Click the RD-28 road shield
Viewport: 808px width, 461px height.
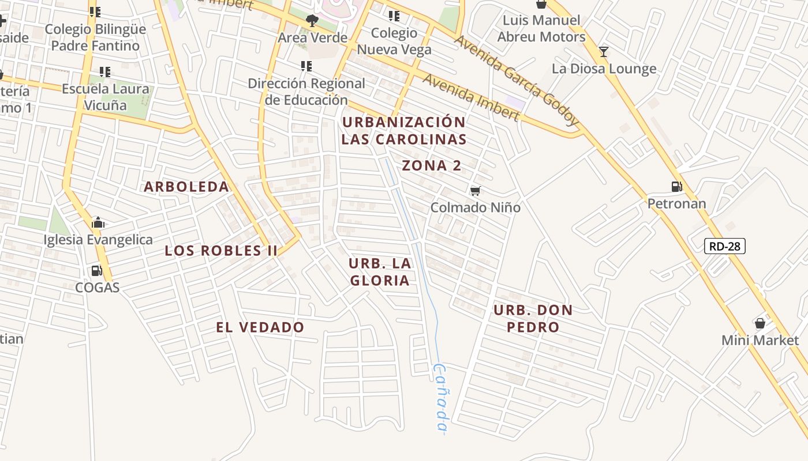pyautogui.click(x=725, y=246)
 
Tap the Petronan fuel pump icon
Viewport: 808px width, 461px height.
pyautogui.click(x=676, y=187)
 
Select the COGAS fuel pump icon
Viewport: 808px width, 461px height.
pyautogui.click(x=96, y=270)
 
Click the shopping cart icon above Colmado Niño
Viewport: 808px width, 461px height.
pyautogui.click(x=475, y=191)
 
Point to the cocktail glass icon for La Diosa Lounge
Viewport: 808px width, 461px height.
pyautogui.click(x=603, y=52)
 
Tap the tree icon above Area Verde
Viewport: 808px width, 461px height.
pyautogui.click(x=312, y=21)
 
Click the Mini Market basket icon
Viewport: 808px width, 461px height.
pyautogui.click(x=760, y=323)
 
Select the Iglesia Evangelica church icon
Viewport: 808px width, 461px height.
pyautogui.click(x=98, y=222)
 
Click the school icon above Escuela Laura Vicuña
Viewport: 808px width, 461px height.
pyautogui.click(x=104, y=72)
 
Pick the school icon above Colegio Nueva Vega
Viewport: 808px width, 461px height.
pyautogui.click(x=394, y=16)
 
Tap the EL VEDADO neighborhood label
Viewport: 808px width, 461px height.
pyautogui.click(x=260, y=327)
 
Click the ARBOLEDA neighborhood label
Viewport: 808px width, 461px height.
pyautogui.click(x=186, y=187)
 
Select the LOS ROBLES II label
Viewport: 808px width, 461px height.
pyautogui.click(x=221, y=251)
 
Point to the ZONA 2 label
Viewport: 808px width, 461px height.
pyautogui.click(x=432, y=166)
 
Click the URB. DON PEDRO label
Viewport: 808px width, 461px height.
pyautogui.click(x=533, y=319)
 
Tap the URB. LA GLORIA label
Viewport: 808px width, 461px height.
pyautogui.click(x=380, y=272)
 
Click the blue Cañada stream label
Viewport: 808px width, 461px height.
pyautogui.click(x=440, y=398)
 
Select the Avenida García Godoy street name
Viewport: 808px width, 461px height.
pyautogui.click(x=517, y=81)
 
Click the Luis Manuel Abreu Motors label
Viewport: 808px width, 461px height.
pyautogui.click(x=541, y=29)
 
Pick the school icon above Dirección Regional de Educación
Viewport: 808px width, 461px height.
pyautogui.click(x=306, y=66)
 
